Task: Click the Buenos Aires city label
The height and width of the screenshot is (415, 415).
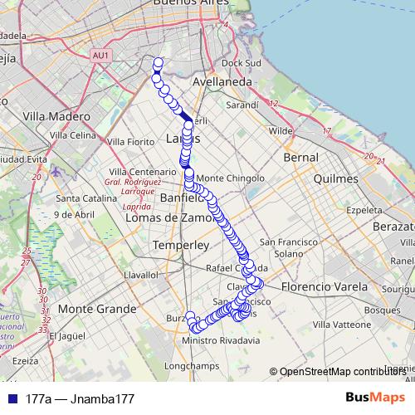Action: pyautogui.click(x=193, y=4)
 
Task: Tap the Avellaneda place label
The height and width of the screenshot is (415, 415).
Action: pyautogui.click(x=222, y=83)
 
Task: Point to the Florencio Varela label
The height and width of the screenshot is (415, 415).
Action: pyautogui.click(x=322, y=287)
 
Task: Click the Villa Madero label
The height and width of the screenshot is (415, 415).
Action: pyautogui.click(x=56, y=116)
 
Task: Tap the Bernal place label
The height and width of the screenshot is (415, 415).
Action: pyautogui.click(x=300, y=157)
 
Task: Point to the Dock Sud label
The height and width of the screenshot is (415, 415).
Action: pyautogui.click(x=242, y=63)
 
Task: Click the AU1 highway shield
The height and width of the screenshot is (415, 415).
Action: pyautogui.click(x=101, y=55)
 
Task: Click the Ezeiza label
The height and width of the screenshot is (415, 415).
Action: pyautogui.click(x=25, y=361)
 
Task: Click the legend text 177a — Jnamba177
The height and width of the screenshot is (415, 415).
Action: pyautogui.click(x=80, y=398)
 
